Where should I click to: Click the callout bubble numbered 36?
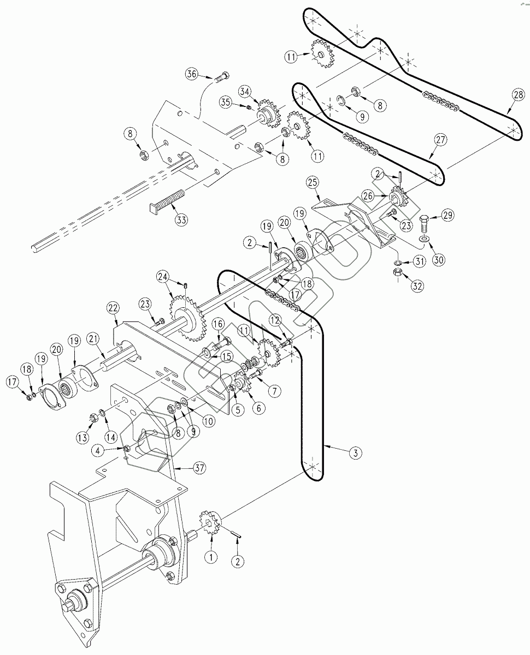click(x=191, y=74)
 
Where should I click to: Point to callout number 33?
click(x=181, y=221)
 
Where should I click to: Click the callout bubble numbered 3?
click(x=355, y=452)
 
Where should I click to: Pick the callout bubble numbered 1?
click(x=210, y=557)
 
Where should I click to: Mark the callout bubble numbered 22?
click(x=113, y=308)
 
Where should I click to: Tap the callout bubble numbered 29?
click(x=447, y=216)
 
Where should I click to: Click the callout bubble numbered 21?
click(x=93, y=339)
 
